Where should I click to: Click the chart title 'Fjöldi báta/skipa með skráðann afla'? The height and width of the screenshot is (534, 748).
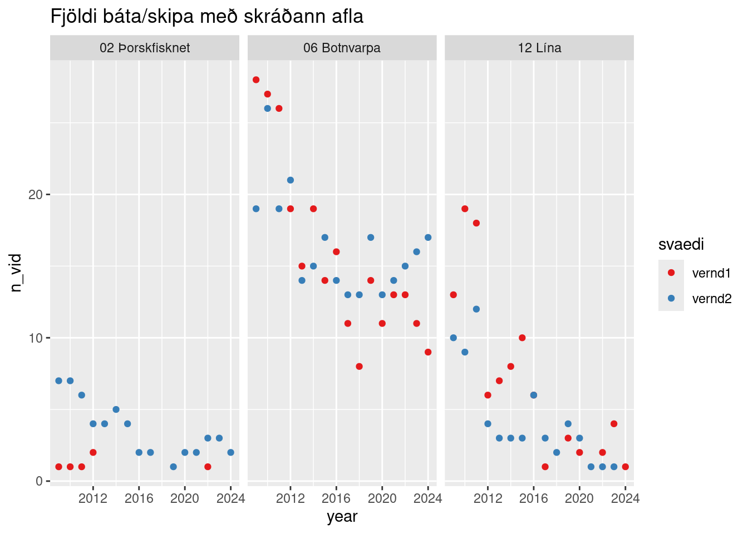pyautogui.click(x=207, y=17)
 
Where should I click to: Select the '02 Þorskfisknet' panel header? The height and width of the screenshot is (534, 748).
pyautogui.click(x=145, y=48)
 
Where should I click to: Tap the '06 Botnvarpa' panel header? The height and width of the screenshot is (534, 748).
pyautogui.click(x=342, y=48)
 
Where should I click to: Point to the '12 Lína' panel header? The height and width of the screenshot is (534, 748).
pyautogui.click(x=539, y=48)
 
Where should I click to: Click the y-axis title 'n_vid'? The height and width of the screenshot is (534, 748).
pyautogui.click(x=16, y=273)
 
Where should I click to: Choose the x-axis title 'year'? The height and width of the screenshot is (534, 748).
pyautogui.click(x=342, y=517)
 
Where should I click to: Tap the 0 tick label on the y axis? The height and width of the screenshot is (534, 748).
pyautogui.click(x=40, y=481)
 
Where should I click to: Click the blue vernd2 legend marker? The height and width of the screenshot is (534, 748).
pyautogui.click(x=671, y=299)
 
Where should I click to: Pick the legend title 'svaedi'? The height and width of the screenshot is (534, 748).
pyautogui.click(x=681, y=245)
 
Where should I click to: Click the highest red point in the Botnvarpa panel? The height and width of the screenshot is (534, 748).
pyautogui.click(x=256, y=80)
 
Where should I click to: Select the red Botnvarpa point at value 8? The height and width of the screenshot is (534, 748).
pyautogui.click(x=359, y=367)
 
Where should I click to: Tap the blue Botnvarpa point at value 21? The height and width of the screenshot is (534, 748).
pyautogui.click(x=291, y=180)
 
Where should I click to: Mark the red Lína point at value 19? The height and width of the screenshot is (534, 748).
pyautogui.click(x=465, y=209)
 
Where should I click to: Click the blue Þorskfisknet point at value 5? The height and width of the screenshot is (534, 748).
pyautogui.click(x=116, y=409)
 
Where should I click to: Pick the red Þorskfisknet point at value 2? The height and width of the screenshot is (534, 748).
pyautogui.click(x=93, y=452)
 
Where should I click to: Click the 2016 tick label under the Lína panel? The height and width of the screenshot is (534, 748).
pyautogui.click(x=534, y=498)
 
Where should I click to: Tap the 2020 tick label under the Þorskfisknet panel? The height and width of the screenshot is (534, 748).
pyautogui.click(x=185, y=498)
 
